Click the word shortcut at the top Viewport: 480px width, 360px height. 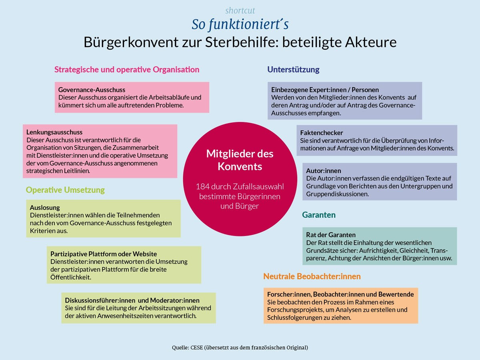tap(240, 11)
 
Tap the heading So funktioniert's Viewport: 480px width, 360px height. tap(240, 24)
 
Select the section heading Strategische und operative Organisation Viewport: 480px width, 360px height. tap(127, 70)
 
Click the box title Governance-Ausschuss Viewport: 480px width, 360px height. tap(92, 90)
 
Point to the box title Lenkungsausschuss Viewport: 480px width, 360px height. tap(54, 132)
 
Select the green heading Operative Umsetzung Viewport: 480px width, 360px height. tap(65, 190)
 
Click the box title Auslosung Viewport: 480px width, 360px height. tap(45, 208)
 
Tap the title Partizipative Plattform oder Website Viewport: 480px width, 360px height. tap(104, 254)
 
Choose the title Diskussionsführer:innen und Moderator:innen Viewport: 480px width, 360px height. tap(132, 300)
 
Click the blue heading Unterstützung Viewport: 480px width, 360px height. tap(293, 70)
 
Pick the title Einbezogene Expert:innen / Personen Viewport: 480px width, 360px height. tap(325, 90)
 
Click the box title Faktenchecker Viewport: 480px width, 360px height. tap(322, 132)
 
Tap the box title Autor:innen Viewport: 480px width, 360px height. tap(324, 171)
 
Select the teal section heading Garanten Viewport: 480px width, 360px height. tap(319, 215)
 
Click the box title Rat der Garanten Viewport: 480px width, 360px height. tap(331, 235)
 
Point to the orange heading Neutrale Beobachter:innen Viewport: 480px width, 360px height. tap(312, 276)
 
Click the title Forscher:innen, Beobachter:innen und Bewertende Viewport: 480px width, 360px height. tap(340, 294)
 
